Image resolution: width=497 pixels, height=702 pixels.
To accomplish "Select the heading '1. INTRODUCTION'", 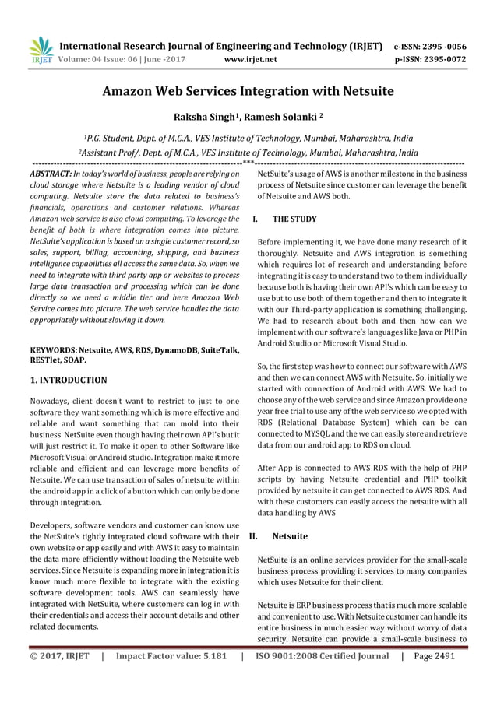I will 68,381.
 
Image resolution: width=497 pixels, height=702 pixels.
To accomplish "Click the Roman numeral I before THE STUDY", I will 256,220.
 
